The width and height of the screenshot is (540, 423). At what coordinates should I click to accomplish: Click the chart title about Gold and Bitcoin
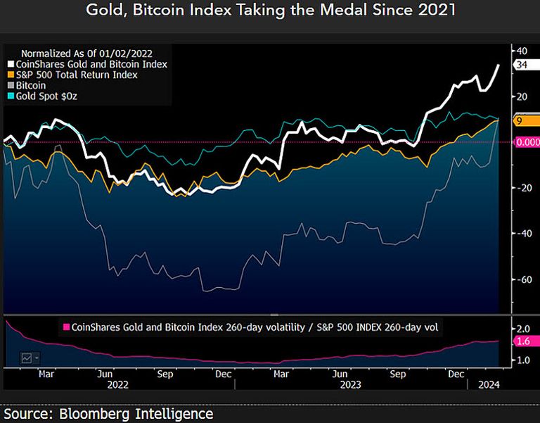pos(270,11)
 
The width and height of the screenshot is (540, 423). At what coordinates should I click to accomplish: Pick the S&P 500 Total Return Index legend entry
pos(76,74)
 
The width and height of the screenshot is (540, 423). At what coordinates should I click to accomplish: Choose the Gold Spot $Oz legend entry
pos(46,95)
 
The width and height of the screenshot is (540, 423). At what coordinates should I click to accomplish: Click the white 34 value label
pos(522,65)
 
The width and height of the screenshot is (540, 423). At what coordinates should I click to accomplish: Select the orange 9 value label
pos(519,121)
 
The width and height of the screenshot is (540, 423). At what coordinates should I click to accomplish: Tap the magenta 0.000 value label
pos(526,142)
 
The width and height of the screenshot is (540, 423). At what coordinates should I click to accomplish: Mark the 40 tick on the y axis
pos(522,51)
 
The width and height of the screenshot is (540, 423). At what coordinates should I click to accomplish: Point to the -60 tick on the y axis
pos(522,279)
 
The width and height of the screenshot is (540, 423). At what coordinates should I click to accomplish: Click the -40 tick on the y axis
pos(522,234)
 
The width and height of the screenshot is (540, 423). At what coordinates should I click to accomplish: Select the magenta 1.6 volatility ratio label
pos(523,341)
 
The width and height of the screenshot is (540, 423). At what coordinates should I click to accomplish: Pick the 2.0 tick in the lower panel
pos(523,329)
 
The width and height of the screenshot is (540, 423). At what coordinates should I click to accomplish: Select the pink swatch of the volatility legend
pos(67,327)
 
